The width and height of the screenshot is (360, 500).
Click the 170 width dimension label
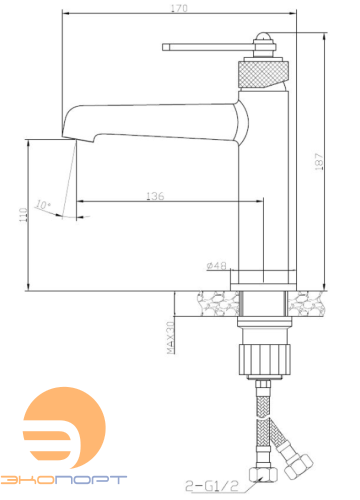pos(179,8)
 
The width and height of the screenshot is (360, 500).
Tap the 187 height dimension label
pos(319,162)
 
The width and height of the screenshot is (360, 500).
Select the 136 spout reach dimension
pos(155,196)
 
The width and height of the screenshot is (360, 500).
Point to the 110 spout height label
pos(23,215)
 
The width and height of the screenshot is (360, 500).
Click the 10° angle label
pos(43,204)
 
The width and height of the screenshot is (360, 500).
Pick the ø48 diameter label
pos(216,266)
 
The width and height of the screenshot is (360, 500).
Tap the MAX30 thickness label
pos(170,338)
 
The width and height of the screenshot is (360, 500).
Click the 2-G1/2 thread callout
pos(212,486)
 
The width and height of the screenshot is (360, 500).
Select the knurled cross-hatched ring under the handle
pos(264,74)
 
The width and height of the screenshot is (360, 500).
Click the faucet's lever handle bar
pos(208,47)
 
